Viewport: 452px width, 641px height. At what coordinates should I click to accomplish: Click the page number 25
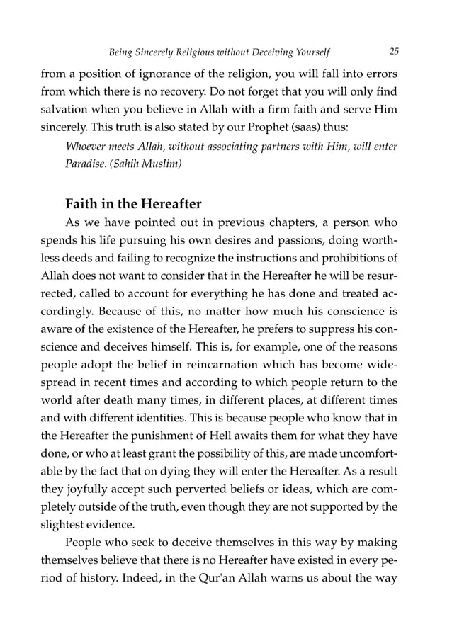(394, 51)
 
